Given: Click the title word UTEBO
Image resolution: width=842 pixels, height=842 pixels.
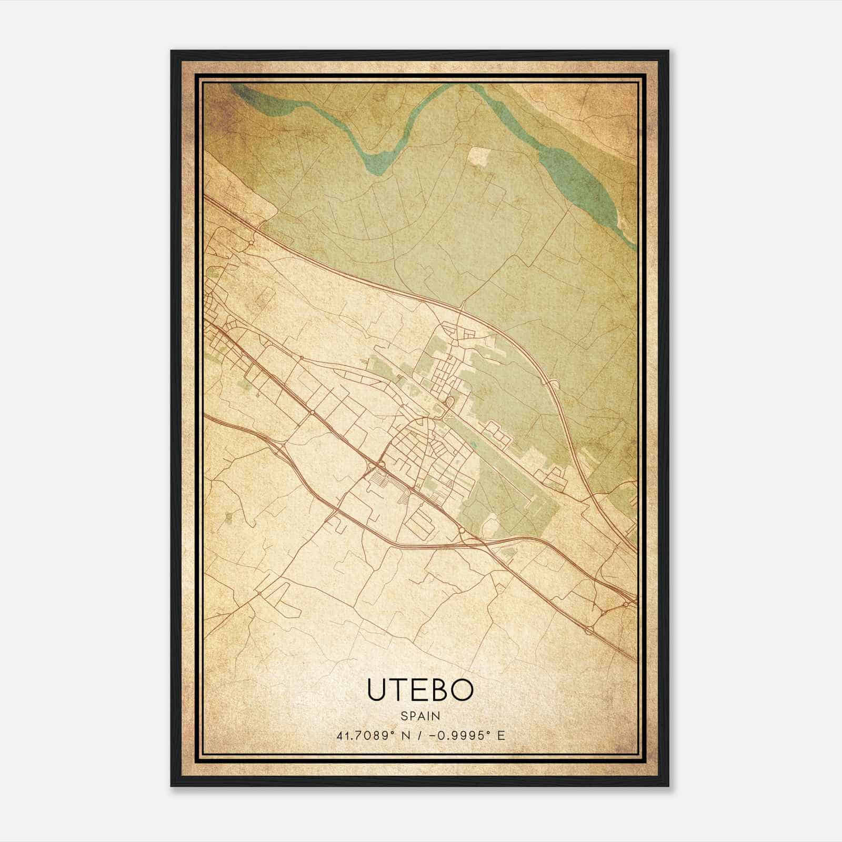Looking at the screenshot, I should [420, 690].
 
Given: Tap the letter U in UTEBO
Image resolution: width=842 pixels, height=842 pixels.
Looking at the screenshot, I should [377, 690].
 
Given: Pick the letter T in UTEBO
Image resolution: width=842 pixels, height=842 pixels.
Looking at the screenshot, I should [398, 690].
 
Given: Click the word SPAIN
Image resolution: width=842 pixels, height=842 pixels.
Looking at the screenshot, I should [420, 716].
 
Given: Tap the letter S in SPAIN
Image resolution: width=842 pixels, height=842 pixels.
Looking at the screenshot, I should [404, 716].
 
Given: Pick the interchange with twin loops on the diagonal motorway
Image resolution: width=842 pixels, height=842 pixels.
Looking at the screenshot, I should [379, 465].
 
